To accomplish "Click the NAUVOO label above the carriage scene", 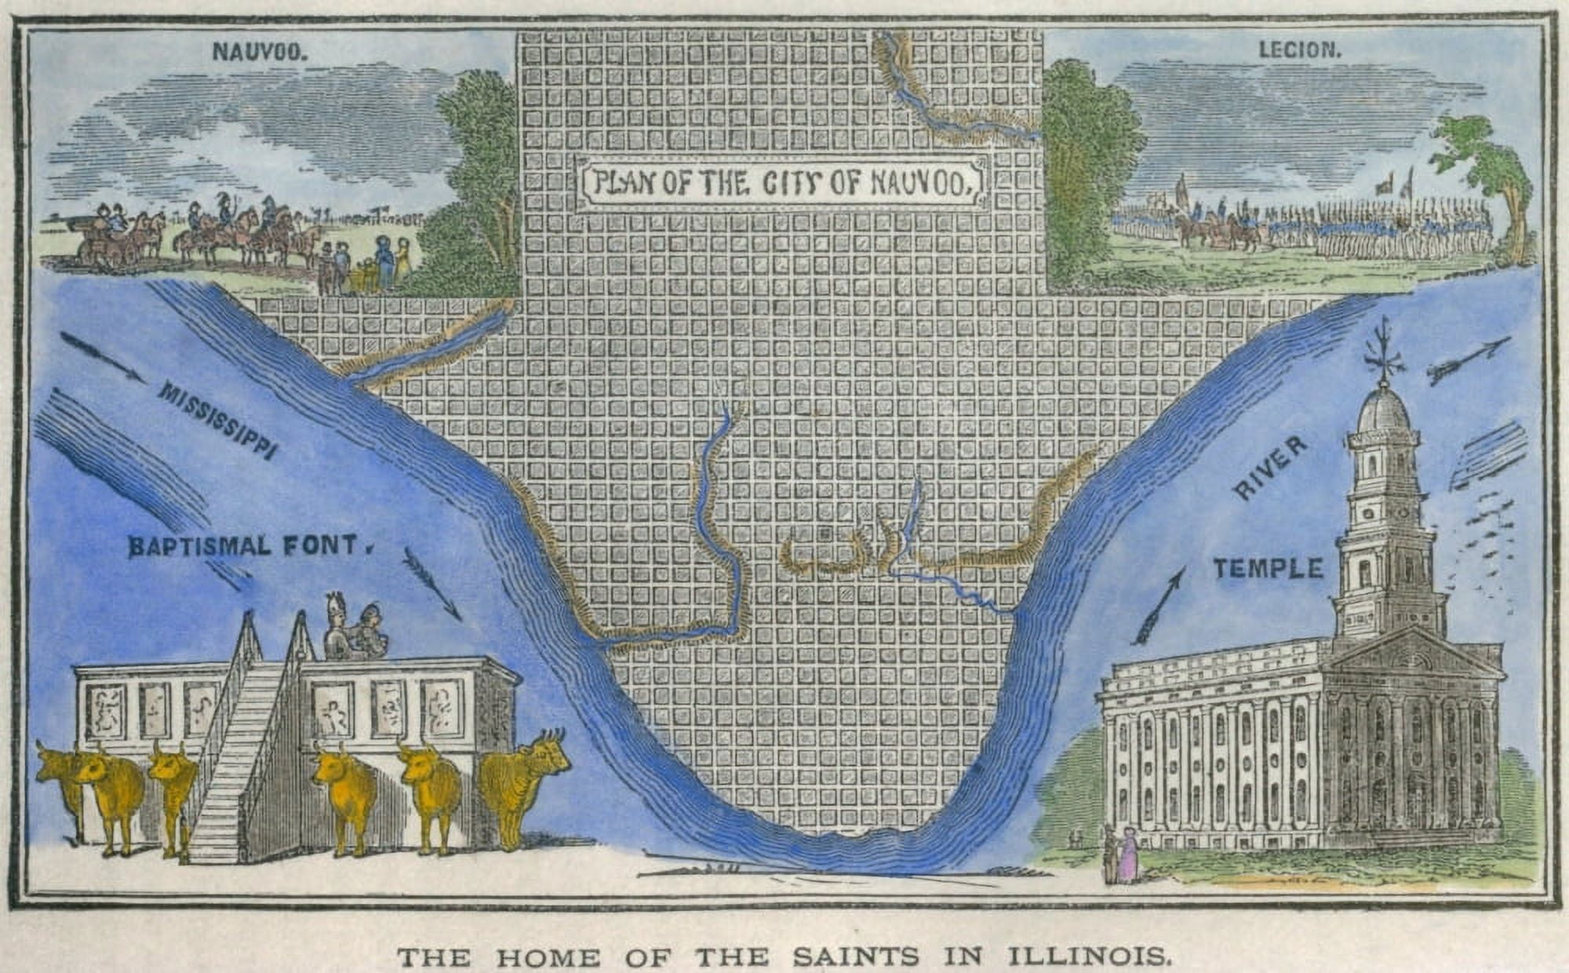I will (258, 52).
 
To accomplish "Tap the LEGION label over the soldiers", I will (1300, 49).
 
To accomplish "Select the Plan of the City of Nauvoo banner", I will (780, 184).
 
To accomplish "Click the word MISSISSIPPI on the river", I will (217, 420).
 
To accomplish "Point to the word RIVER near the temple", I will (1271, 468).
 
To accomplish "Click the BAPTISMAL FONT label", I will (244, 545).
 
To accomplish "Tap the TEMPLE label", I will (1269, 568).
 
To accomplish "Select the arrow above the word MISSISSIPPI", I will (102, 357).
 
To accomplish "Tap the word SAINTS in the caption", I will (855, 957).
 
